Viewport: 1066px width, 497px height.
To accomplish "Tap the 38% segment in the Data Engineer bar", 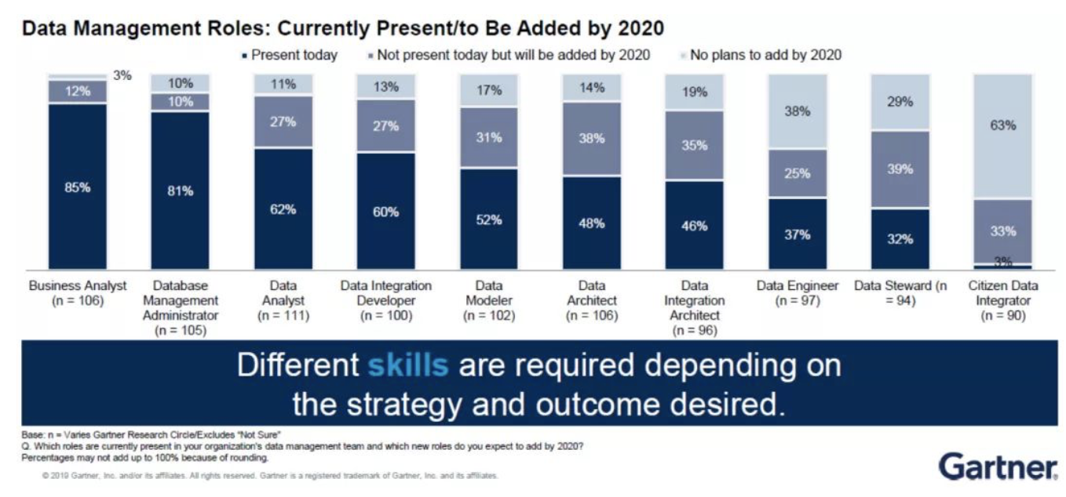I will tap(797, 111).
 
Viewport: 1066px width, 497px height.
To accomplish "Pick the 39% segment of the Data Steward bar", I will tap(900, 169).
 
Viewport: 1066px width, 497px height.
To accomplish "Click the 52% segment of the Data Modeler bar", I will tap(488, 219).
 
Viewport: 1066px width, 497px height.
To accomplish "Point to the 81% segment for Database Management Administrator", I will tap(180, 190).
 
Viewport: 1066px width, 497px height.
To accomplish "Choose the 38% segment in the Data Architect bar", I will tap(591, 139).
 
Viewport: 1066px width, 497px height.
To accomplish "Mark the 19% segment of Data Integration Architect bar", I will tap(694, 93).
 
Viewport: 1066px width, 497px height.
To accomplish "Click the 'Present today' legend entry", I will tap(290, 55).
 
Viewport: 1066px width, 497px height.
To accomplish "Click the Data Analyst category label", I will tap(283, 301).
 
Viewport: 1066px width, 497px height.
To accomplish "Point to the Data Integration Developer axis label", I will tap(385, 301).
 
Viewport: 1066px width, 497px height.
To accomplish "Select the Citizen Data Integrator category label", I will tap(1002, 301).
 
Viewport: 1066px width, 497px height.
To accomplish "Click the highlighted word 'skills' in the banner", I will tap(408, 366).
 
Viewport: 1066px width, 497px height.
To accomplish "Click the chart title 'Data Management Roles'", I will tap(343, 29).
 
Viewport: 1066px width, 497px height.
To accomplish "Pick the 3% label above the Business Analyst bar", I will tap(122, 76).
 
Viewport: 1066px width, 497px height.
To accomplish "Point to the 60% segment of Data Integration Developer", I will tap(385, 212).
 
